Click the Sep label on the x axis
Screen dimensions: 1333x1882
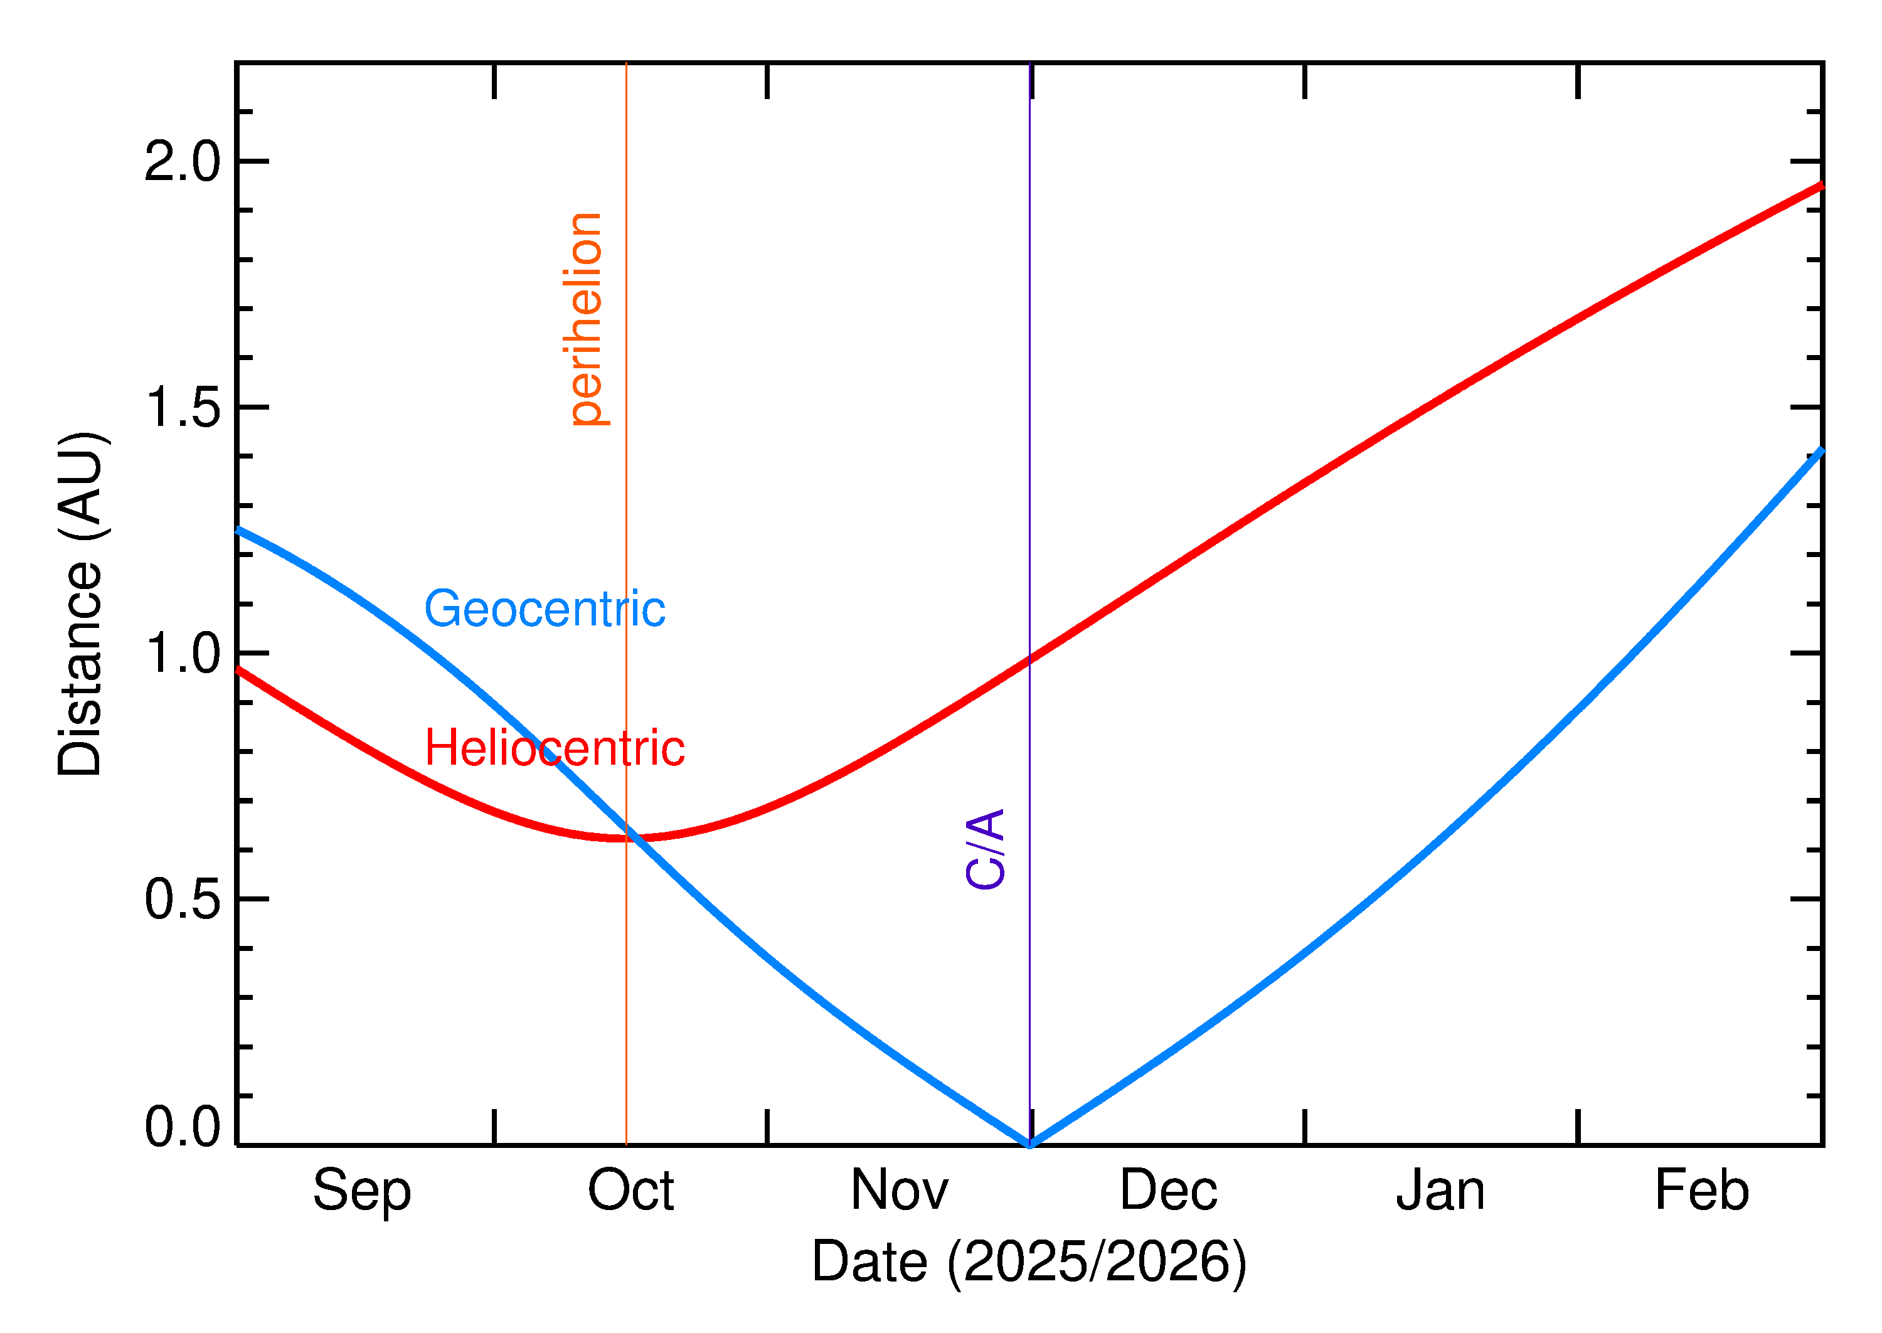pyautogui.click(x=361, y=1192)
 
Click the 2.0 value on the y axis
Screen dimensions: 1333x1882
pyautogui.click(x=182, y=161)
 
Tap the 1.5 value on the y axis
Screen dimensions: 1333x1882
pyautogui.click(x=182, y=407)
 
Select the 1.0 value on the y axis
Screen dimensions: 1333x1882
pyautogui.click(x=182, y=654)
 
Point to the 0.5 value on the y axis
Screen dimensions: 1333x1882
pyautogui.click(x=182, y=900)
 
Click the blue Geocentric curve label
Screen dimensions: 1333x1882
pyautogui.click(x=544, y=609)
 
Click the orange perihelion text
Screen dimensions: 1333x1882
pyautogui.click(x=586, y=319)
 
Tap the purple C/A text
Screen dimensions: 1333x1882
pyautogui.click(x=986, y=849)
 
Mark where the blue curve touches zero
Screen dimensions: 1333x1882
pyautogui.click(x=1030, y=1144)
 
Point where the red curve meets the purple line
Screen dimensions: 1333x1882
pyautogui.click(x=1030, y=659)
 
